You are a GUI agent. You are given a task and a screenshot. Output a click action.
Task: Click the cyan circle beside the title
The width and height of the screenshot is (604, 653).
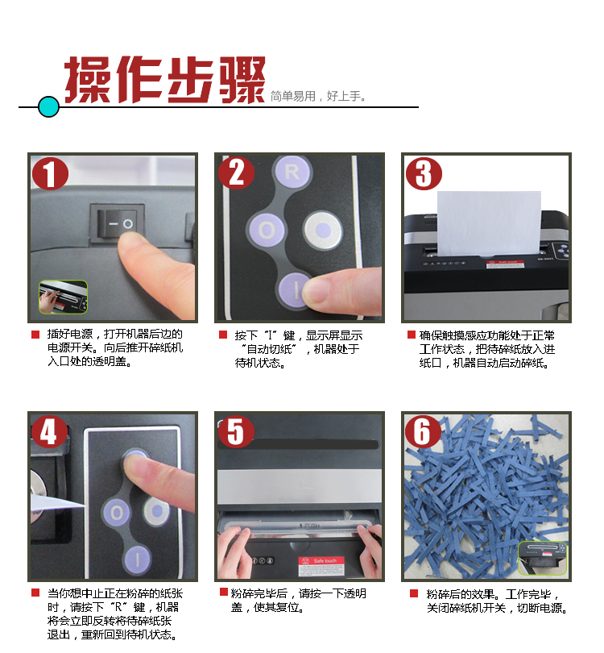coord(48,106)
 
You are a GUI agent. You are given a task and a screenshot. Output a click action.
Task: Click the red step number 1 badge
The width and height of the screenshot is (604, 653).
coord(50,173)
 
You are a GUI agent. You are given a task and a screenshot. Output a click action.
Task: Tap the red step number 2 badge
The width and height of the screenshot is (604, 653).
coord(236,173)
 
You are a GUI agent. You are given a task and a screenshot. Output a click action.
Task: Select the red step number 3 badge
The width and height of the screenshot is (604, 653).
coord(424,173)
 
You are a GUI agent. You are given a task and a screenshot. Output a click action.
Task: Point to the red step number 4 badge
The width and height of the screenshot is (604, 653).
coord(49,432)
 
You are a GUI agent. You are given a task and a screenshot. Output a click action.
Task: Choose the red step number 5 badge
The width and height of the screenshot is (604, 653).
coord(236,432)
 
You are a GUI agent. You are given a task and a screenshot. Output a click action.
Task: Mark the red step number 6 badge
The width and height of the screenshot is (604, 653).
coord(423,432)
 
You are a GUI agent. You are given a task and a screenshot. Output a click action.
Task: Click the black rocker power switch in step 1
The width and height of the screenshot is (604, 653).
coord(118,223)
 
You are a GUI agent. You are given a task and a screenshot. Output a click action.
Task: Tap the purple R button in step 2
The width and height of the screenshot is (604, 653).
coord(292,172)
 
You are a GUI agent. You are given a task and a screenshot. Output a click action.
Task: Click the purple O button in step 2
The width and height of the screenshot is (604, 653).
coord(267,231)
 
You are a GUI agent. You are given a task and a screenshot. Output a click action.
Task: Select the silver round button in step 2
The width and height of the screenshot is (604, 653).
coord(323,230)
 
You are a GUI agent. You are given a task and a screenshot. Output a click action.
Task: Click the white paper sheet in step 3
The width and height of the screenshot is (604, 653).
coord(489,223)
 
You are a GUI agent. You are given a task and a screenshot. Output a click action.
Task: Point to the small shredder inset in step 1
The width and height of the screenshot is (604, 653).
coord(64,297)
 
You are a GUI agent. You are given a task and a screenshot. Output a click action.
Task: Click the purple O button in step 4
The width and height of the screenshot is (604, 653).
coord(117,512)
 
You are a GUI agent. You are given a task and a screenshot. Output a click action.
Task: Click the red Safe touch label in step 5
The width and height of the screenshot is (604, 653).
coord(321,567)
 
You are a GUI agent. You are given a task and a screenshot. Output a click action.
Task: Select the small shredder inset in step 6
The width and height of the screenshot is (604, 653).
coord(542,559)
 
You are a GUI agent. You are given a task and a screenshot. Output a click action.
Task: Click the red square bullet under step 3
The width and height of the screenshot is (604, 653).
coord(411,335)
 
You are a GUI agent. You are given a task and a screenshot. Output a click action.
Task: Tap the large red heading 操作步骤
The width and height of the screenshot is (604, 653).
coord(165,80)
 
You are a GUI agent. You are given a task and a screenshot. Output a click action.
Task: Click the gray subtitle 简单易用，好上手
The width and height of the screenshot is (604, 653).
coord(318,96)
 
